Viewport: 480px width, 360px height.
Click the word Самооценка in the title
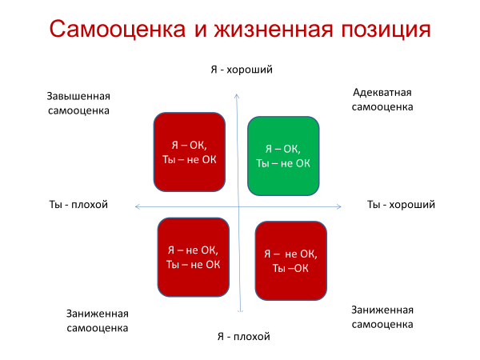click(118, 29)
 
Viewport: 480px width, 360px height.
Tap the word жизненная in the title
click(274, 30)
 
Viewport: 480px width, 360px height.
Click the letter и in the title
click(200, 30)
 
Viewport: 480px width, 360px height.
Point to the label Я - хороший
click(242, 70)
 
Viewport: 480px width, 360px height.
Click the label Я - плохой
click(244, 337)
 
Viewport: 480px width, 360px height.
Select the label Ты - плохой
click(78, 204)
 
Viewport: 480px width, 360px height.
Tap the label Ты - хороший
click(401, 204)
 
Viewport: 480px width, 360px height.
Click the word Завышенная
click(78, 96)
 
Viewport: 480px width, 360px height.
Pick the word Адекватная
click(382, 93)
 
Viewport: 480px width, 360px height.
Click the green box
click(283, 156)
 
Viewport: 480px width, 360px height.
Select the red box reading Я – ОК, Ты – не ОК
click(190, 152)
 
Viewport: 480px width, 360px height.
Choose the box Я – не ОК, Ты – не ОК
click(194, 257)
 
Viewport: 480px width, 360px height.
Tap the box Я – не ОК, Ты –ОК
click(291, 261)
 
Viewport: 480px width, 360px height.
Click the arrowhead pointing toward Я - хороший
click(237, 95)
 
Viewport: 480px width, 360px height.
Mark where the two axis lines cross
click(238, 207)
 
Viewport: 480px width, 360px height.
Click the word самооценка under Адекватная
click(382, 107)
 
